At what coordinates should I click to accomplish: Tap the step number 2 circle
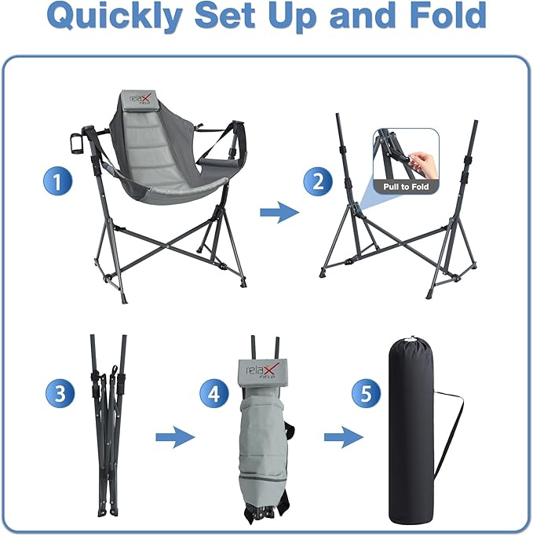pos(318,183)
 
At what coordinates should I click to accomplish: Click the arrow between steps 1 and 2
pos(279,212)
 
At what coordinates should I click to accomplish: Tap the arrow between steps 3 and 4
pos(174,437)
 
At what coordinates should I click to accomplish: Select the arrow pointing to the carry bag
pos(344,437)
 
